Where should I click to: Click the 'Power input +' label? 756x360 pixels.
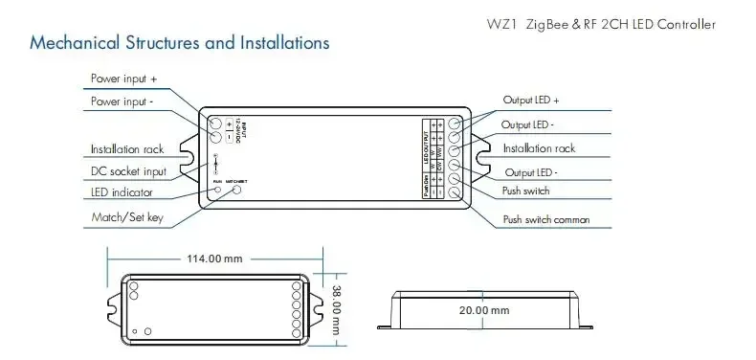coord(130,79)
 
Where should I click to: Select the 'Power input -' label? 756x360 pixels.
coord(129,101)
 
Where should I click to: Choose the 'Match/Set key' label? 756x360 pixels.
coord(127,218)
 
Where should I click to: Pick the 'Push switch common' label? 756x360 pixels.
coord(545,219)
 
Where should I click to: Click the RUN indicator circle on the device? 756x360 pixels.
coord(219,189)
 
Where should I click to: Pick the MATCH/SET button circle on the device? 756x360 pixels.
coord(236,189)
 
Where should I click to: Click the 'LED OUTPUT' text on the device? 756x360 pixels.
coord(426,144)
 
